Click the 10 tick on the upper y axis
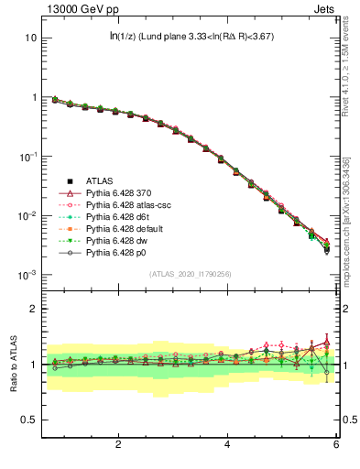coord(31,38)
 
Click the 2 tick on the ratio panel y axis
coord(31,310)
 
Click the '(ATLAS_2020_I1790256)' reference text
coord(191,275)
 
